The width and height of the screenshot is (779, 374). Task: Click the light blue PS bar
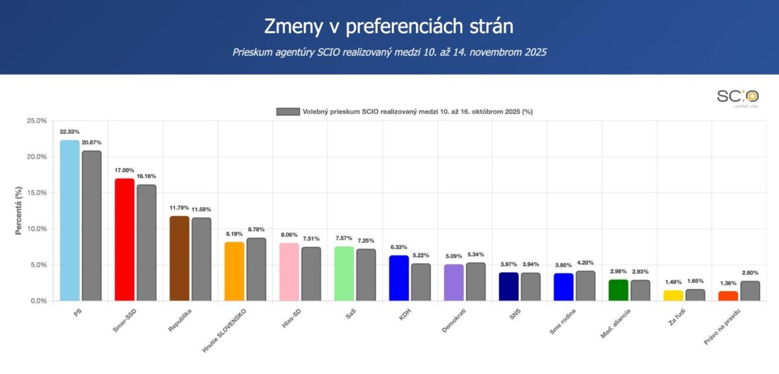[70, 220]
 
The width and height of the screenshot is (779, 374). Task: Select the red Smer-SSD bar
[125, 240]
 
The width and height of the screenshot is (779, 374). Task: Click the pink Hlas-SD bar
[289, 272]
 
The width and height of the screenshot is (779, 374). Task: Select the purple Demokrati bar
[454, 283]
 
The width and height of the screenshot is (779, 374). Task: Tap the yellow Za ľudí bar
[673, 296]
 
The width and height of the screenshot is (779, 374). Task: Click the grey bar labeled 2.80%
[750, 290]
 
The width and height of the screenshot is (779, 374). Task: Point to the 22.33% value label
[69, 132]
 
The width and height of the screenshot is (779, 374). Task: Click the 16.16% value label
[146, 176]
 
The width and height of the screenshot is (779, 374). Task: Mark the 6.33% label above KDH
[399, 247]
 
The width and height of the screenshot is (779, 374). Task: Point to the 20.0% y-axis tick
[36, 157]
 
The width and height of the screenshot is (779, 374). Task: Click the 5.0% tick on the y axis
[38, 265]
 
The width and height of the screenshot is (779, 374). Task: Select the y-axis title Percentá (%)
[19, 211]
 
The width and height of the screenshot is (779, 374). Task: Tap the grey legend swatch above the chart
[287, 111]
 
